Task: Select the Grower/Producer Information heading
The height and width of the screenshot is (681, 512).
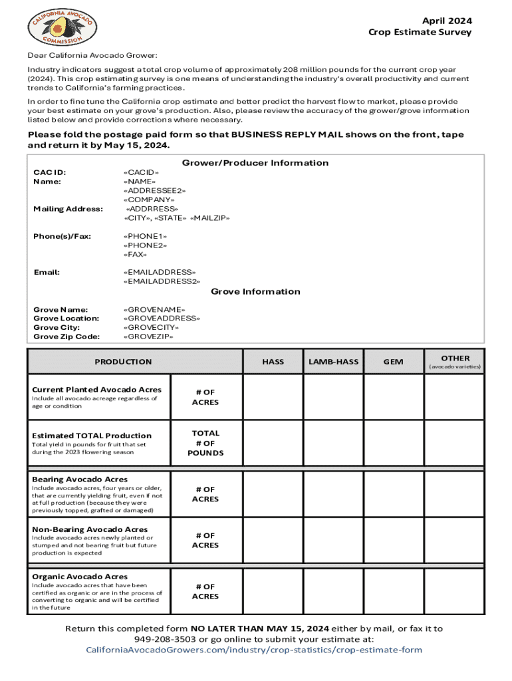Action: click(x=255, y=163)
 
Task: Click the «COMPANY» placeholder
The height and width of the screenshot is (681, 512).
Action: click(x=149, y=200)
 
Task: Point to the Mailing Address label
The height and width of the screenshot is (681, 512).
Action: click(x=68, y=209)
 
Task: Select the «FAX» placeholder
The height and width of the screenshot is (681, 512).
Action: click(x=135, y=254)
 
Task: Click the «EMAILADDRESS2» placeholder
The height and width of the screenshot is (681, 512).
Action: click(x=162, y=281)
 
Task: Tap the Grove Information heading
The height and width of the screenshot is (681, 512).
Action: click(x=255, y=291)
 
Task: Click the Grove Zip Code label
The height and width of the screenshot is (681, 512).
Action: click(x=66, y=337)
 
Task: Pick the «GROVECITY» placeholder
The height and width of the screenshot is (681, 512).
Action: click(x=152, y=327)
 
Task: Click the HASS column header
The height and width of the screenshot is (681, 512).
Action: click(x=273, y=362)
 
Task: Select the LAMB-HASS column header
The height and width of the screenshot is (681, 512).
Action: click(x=333, y=362)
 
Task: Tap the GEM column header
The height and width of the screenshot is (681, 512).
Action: click(x=393, y=362)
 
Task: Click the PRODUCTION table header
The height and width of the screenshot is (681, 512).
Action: click(x=123, y=362)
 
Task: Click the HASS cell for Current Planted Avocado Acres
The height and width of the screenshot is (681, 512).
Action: click(x=273, y=398)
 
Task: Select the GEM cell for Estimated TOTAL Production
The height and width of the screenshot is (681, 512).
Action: click(x=393, y=443)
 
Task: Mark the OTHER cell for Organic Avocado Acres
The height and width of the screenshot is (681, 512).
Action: click(x=454, y=591)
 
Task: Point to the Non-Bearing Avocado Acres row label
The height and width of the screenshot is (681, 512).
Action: click(x=90, y=529)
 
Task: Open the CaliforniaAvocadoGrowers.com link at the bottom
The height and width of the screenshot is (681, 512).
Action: click(x=255, y=650)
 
